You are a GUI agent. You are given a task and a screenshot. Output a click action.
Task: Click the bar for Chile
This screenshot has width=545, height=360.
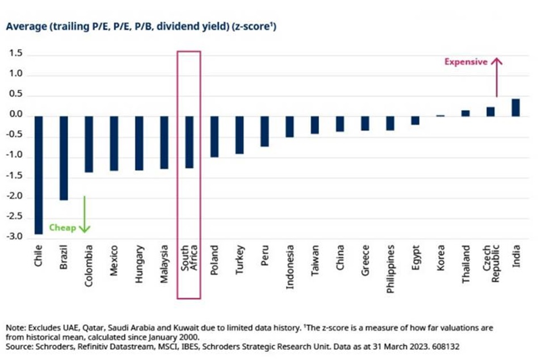click(39, 175)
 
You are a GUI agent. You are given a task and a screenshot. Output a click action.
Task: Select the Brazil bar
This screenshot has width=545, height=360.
click(64, 158)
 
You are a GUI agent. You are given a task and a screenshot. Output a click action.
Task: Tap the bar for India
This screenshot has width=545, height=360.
click(516, 108)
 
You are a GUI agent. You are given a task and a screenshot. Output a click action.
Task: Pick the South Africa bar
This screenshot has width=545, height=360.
click(189, 142)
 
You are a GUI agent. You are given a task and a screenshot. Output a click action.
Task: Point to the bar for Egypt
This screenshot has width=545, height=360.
click(416, 120)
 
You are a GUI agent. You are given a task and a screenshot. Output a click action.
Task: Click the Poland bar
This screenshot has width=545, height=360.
click(215, 137)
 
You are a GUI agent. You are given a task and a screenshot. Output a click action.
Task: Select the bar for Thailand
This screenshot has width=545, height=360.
click(466, 114)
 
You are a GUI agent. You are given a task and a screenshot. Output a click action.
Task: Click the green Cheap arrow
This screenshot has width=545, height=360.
click(85, 214)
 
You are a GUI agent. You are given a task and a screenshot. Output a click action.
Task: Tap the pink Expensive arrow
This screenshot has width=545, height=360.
click(497, 77)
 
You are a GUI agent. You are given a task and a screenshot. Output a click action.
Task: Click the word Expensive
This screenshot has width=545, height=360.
click(466, 62)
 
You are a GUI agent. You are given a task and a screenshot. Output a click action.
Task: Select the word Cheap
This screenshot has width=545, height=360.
click(62, 228)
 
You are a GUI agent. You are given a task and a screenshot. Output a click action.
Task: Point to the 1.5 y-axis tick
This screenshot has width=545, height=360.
click(16, 53)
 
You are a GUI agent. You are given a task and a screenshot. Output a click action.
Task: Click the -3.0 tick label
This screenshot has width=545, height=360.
click(14, 237)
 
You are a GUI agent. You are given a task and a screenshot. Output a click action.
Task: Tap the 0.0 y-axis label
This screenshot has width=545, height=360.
click(16, 114)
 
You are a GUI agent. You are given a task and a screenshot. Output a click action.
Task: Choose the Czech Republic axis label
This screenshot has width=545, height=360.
click(491, 263)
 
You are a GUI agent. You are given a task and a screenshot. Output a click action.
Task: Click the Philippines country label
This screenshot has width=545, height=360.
click(391, 269)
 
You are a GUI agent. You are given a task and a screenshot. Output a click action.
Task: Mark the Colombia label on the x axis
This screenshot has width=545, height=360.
click(89, 266)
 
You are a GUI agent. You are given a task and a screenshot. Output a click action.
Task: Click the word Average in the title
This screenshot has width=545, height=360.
click(27, 27)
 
